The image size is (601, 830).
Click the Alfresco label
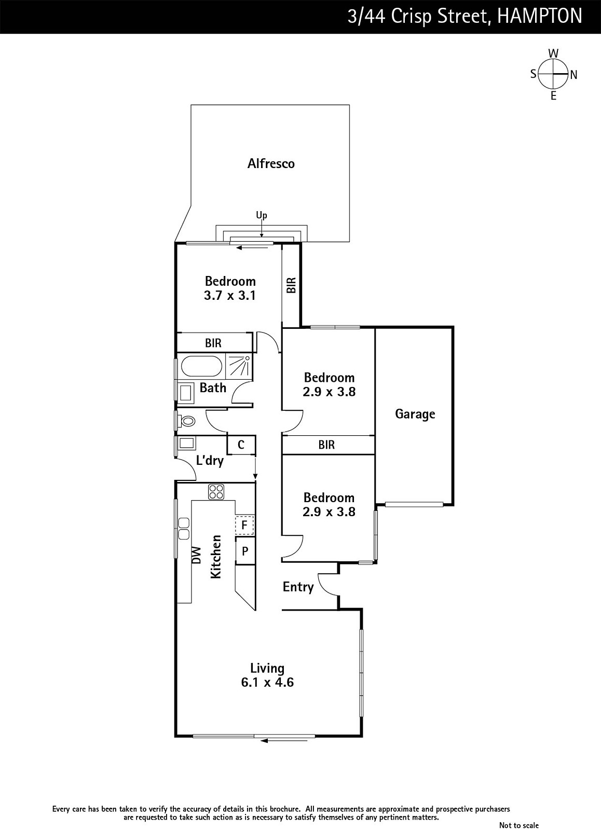tap(271, 163)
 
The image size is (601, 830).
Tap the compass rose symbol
tap(553, 74)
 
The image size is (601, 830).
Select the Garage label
tap(415, 414)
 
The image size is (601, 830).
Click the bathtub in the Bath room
tap(201, 366)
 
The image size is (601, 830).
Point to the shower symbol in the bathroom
tap(239, 366)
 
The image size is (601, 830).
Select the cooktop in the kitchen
tap(216, 492)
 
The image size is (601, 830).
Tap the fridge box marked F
tap(244, 525)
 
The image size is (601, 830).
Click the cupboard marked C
tap(241, 445)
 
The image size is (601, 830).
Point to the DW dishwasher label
tap(197, 556)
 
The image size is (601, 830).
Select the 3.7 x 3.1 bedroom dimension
tap(230, 296)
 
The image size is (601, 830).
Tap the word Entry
tap(298, 587)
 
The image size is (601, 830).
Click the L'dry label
tap(210, 461)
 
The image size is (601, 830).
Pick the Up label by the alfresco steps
tap(262, 215)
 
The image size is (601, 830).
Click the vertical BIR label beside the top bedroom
tap(292, 285)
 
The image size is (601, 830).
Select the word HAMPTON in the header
tap(539, 16)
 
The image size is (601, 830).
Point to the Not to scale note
tap(518, 825)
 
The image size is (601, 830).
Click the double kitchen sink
tap(184, 529)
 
